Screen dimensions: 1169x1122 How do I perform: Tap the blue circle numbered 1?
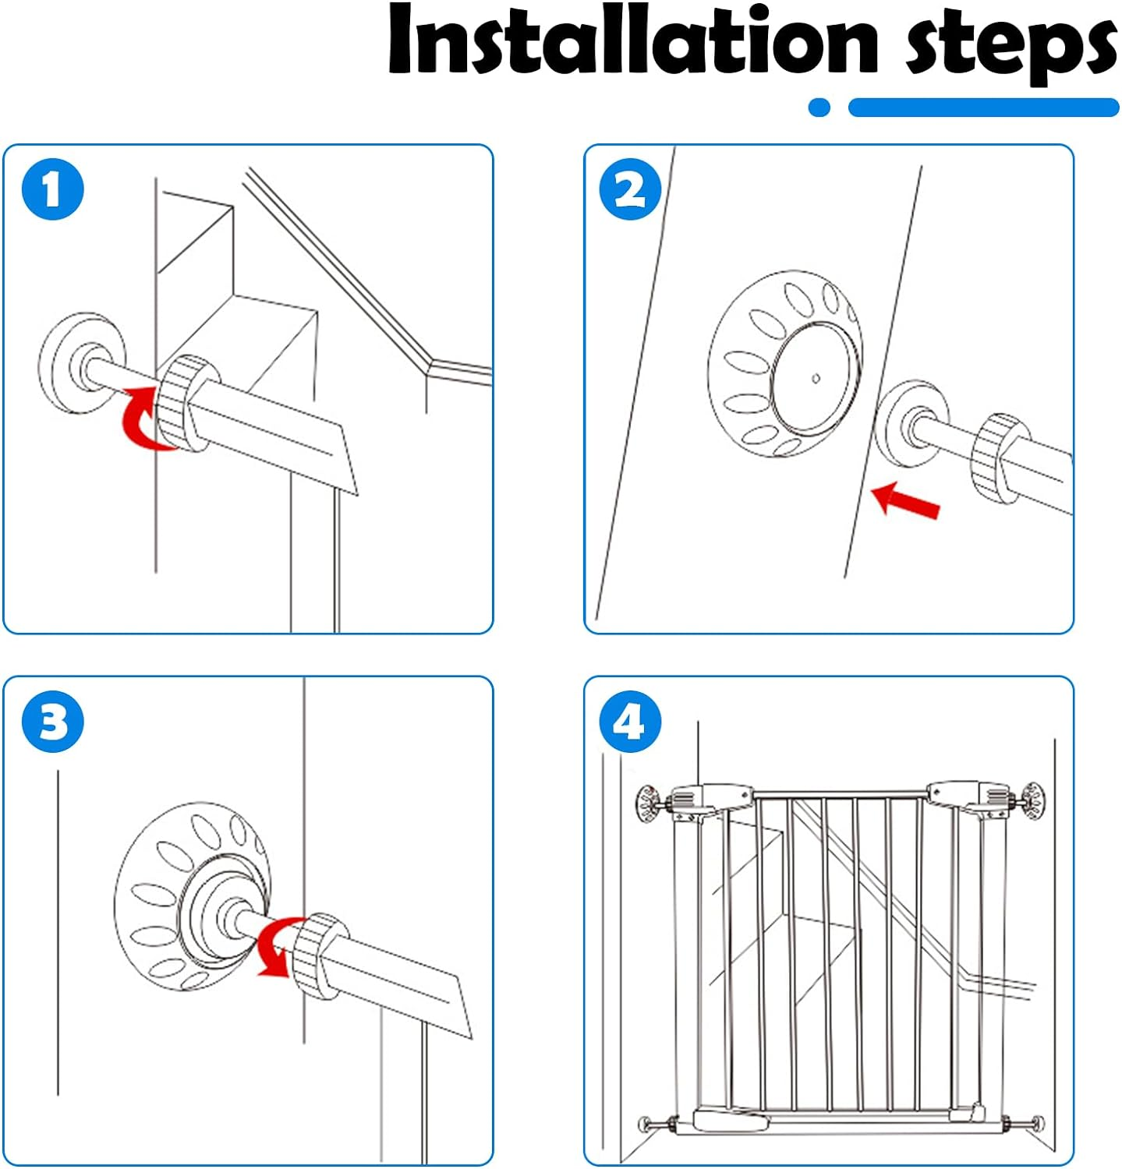52,189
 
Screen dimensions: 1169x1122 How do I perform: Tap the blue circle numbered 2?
630,189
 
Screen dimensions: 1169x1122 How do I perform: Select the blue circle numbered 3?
52,722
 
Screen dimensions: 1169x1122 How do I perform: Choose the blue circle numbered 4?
630,722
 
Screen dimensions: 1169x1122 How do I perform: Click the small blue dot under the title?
819,108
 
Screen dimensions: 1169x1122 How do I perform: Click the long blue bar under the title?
983,108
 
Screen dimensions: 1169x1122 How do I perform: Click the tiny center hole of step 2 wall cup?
816,379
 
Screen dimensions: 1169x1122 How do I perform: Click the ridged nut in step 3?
320,955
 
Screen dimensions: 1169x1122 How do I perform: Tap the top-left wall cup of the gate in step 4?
649,801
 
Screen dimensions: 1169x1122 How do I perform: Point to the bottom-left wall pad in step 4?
646,1125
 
